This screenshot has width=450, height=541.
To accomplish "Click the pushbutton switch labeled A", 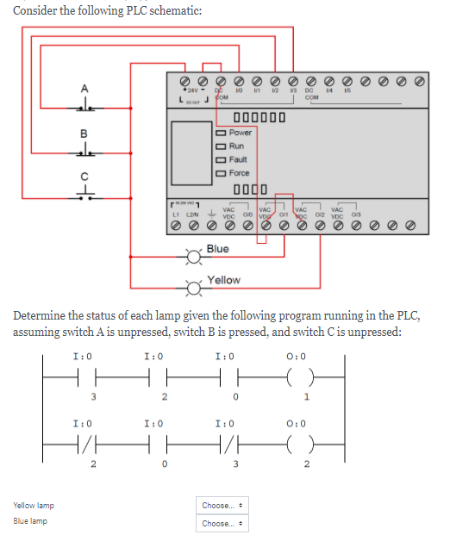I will click(84, 107).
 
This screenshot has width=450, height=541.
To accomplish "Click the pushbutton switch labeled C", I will click(84, 196).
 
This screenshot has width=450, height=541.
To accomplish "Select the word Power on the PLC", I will click(241, 133).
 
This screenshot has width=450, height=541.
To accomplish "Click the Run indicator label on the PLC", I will click(237, 146).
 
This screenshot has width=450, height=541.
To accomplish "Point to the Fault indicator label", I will click(239, 159).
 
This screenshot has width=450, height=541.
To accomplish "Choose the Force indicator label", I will click(240, 173).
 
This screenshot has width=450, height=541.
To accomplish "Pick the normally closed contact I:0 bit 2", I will click(84, 440).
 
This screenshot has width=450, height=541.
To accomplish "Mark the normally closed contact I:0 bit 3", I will click(228, 440).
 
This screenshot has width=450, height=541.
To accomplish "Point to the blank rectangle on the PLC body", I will click(190, 152).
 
